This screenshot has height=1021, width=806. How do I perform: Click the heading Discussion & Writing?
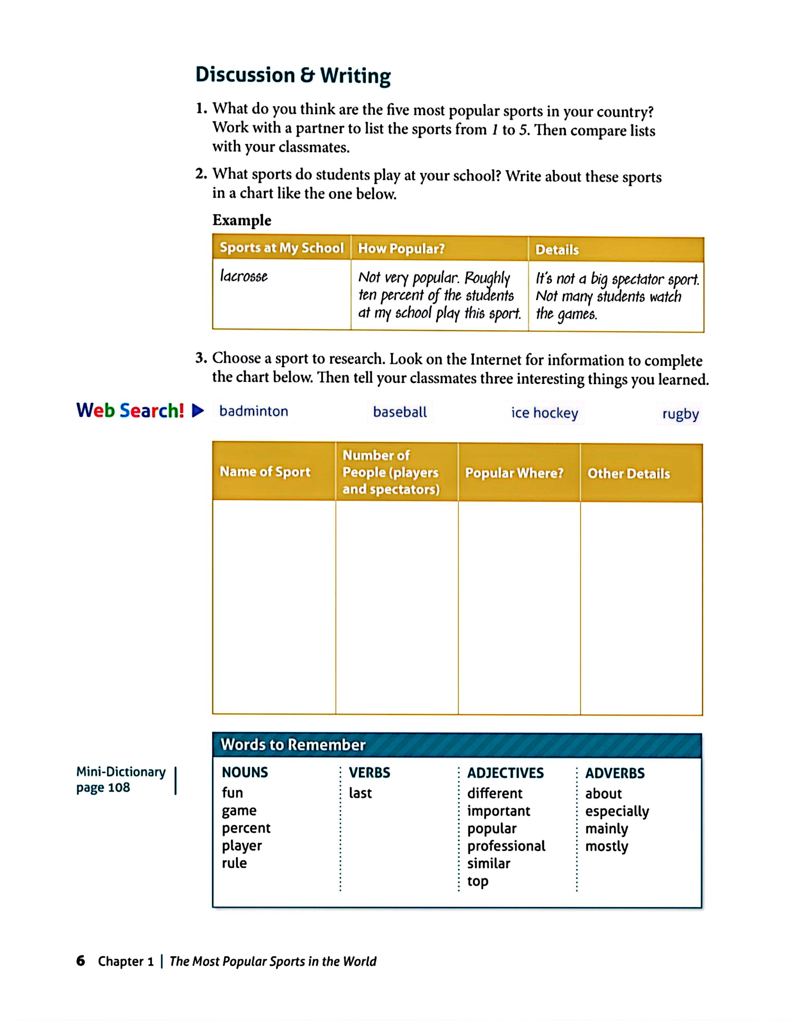click(293, 76)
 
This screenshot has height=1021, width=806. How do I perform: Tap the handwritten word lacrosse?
click(244, 276)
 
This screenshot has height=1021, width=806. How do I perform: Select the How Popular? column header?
click(401, 248)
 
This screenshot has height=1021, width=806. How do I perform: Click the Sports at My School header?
click(282, 248)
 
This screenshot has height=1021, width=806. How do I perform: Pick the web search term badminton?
click(254, 411)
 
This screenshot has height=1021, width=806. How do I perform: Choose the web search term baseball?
click(400, 412)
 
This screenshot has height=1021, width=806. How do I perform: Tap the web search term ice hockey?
click(544, 413)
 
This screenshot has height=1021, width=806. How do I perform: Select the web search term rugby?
click(680, 414)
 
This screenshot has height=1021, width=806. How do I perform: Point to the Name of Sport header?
click(265, 472)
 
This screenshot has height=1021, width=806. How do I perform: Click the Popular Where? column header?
click(514, 473)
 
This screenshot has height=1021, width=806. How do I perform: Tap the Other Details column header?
click(628, 474)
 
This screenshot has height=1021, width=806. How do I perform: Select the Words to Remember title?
click(293, 745)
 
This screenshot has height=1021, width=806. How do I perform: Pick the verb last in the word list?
click(360, 793)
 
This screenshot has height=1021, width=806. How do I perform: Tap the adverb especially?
click(617, 811)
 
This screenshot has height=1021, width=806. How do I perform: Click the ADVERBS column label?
click(615, 773)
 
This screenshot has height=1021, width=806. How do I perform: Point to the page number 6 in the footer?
click(81, 960)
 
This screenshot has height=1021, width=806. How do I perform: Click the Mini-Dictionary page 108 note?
click(121, 780)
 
